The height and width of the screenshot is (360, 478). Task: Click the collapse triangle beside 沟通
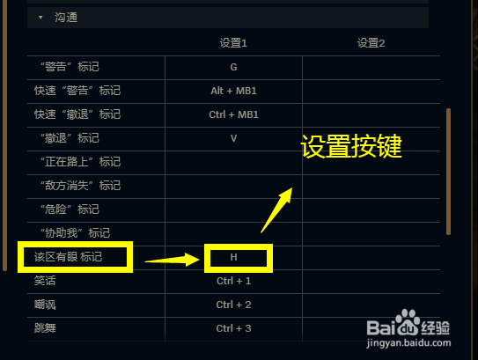[x=40, y=18]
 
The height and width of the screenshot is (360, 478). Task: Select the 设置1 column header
[x=233, y=43]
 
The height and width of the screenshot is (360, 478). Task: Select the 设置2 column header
[x=371, y=43]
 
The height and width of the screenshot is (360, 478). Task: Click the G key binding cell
[x=233, y=67]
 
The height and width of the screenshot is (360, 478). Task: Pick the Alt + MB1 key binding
[x=233, y=91]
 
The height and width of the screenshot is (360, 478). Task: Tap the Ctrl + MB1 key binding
[x=233, y=114]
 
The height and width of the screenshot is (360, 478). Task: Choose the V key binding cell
[x=233, y=138]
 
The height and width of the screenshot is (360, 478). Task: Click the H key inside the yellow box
[x=233, y=257]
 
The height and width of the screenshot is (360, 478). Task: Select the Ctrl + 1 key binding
[x=233, y=281]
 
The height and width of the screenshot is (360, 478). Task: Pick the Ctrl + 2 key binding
[x=233, y=305]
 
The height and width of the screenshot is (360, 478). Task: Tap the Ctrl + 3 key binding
[x=233, y=328]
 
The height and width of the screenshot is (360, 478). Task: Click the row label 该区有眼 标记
[x=68, y=257]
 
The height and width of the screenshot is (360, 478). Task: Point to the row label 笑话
[x=45, y=281]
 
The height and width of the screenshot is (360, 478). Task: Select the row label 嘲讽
[x=45, y=305]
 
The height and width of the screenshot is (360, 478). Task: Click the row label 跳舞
[x=45, y=328]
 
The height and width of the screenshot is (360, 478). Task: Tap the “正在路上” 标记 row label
[x=80, y=162]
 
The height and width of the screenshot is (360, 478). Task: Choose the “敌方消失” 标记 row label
[x=80, y=186]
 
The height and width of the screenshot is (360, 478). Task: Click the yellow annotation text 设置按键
[x=351, y=146]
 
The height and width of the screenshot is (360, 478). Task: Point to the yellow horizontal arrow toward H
[x=173, y=260]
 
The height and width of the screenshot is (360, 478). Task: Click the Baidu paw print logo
[x=408, y=322]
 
